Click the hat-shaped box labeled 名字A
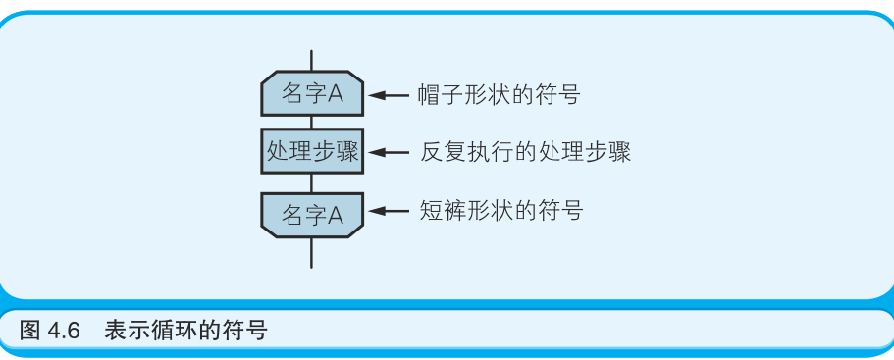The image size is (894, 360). (312, 94)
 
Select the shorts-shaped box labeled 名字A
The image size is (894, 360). (312, 214)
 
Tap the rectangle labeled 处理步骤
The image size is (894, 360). (312, 152)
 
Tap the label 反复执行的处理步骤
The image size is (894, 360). (525, 152)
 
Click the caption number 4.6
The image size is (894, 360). (64, 330)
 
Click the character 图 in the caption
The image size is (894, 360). (30, 330)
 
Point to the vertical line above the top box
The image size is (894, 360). (312, 61)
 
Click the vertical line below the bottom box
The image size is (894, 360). (312, 251)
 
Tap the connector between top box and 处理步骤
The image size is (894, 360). (312, 123)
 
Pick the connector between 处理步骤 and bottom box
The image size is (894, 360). (312, 183)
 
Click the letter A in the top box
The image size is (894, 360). (335, 94)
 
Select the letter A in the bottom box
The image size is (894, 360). (335, 215)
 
